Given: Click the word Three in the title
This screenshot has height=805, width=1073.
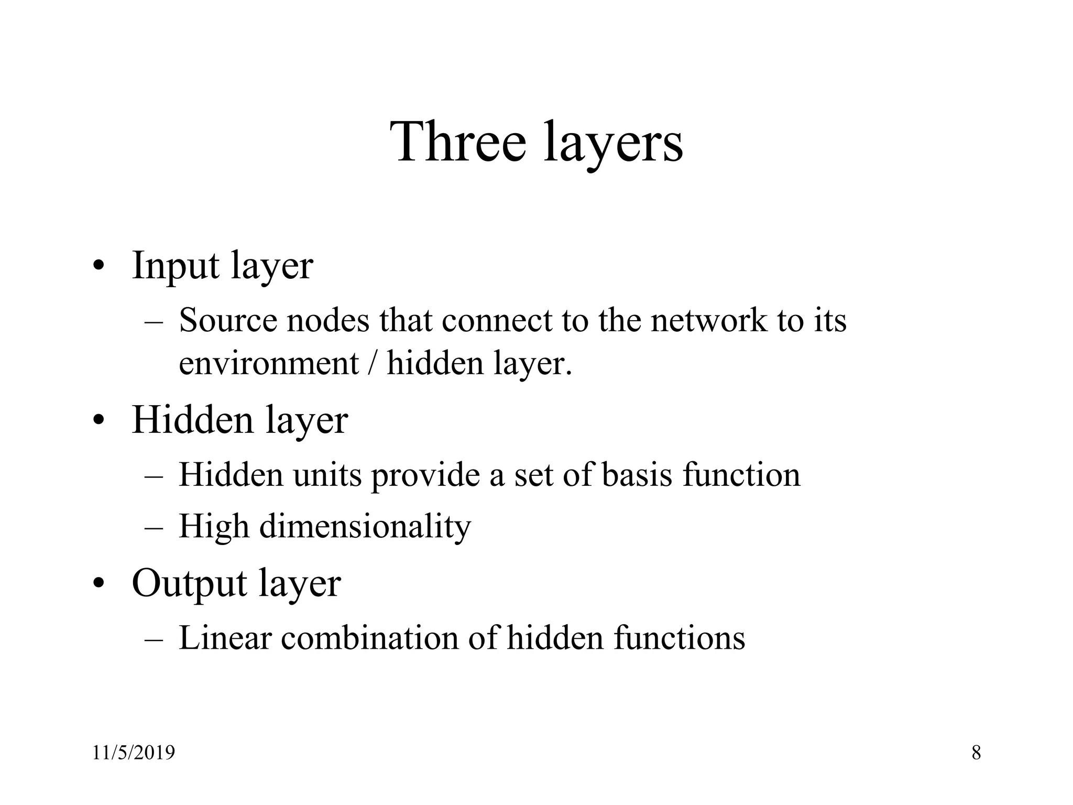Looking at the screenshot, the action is pyautogui.click(x=458, y=143).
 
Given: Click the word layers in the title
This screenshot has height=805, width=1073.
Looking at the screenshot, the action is pyautogui.click(x=614, y=145).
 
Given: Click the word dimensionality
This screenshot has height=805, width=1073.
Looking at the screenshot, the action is pyautogui.click(x=365, y=526).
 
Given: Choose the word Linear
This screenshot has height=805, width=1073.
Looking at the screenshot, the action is pyautogui.click(x=225, y=638).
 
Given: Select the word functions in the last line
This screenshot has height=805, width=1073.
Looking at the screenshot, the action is pyautogui.click(x=679, y=638).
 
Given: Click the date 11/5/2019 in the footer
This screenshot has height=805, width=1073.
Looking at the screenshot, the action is pyautogui.click(x=134, y=753).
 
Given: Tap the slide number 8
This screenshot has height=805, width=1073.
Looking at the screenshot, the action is pyautogui.click(x=976, y=753).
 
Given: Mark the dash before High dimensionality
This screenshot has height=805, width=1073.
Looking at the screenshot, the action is pyautogui.click(x=154, y=527).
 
